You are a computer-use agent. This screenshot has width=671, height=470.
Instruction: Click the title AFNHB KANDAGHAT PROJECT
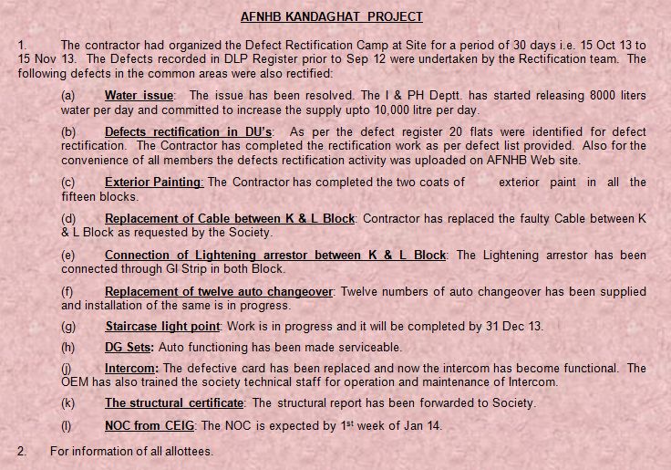[x=331, y=16]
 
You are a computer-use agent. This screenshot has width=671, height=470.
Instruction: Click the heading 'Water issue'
[x=139, y=96]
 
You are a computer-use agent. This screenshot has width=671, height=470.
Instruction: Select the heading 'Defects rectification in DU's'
[x=189, y=132]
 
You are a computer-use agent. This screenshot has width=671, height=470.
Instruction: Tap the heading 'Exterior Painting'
[x=153, y=183]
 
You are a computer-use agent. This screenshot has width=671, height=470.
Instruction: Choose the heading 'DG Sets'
[x=129, y=347]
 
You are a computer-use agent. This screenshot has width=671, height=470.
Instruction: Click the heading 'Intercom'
[x=130, y=369]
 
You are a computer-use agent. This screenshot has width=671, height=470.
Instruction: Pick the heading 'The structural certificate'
[x=174, y=402]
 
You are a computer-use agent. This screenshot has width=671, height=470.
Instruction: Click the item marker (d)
[x=68, y=219]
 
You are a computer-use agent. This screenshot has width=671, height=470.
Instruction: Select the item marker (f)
[x=68, y=292]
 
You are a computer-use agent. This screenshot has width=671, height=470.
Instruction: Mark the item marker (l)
[x=67, y=425]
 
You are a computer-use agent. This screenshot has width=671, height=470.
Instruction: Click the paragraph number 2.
[x=22, y=451]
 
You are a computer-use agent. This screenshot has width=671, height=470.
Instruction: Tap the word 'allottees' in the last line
[x=185, y=451]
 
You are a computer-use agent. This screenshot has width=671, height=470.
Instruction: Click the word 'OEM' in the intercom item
[x=76, y=382]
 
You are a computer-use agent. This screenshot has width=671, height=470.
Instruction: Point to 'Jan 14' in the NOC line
[x=423, y=425]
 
